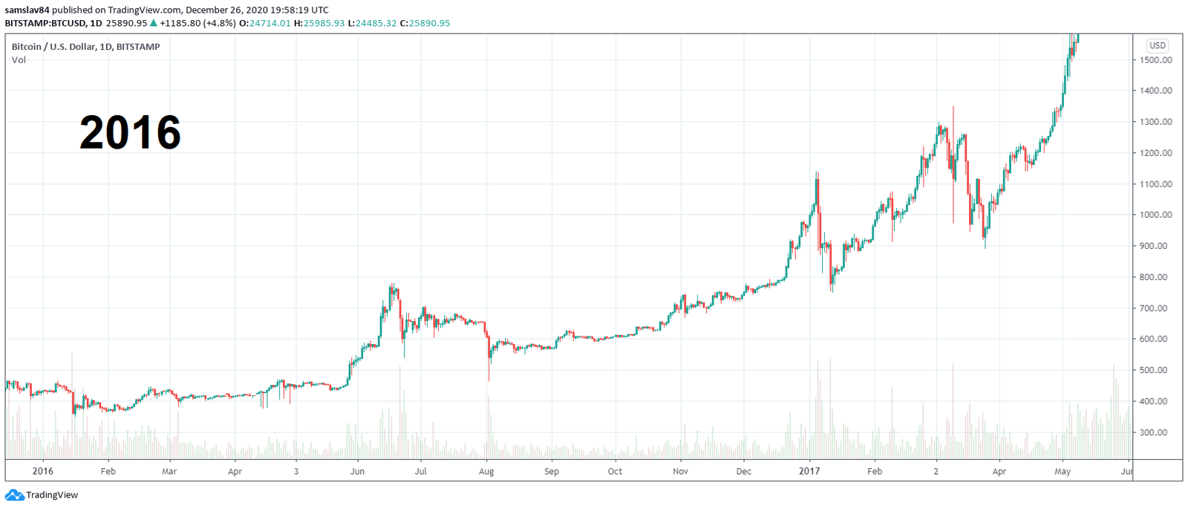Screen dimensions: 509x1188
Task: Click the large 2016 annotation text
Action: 130,133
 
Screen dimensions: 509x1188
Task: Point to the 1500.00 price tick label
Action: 1156,60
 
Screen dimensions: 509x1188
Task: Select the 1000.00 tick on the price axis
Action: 1156,215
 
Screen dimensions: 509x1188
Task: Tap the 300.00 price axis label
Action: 1156,432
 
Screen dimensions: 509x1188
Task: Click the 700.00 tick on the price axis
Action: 1156,308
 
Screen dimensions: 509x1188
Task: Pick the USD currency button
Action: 1157,46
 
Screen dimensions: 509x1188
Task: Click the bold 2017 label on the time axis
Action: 809,471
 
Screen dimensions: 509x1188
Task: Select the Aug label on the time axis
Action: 486,472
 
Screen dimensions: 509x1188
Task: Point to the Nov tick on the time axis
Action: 680,472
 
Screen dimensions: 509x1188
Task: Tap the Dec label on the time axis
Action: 743,472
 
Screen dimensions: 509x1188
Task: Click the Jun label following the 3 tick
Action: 357,472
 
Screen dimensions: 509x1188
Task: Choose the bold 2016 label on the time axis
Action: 43,471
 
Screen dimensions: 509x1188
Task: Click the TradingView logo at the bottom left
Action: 42,495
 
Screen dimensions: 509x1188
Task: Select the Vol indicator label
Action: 19,60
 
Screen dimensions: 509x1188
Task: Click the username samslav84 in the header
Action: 27,10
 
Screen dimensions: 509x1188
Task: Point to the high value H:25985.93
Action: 319,23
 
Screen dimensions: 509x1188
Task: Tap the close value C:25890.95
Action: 425,23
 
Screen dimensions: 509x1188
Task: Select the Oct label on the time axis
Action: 615,472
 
